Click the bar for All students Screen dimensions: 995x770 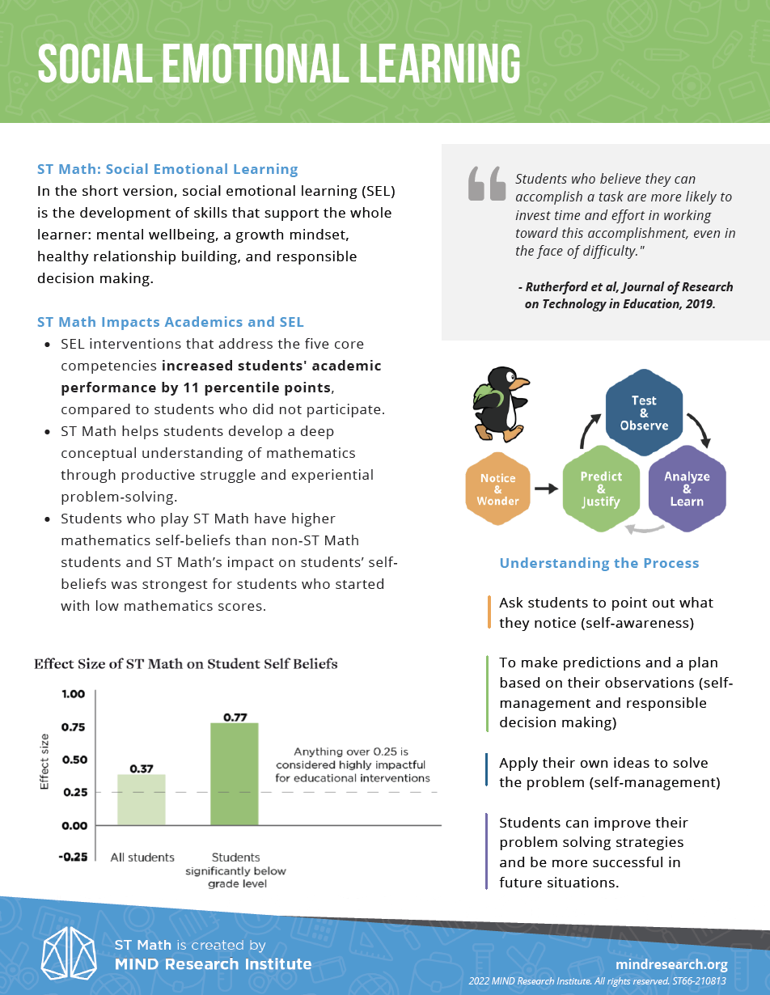[142, 800]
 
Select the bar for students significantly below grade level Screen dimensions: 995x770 [235, 774]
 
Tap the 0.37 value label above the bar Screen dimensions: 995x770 [142, 767]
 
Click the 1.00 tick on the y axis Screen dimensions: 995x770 [74, 694]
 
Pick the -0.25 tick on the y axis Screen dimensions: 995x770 [74, 857]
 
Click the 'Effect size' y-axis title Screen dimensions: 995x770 [45, 761]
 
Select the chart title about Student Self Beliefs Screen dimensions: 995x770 [185, 664]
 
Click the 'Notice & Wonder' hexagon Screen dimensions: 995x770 [498, 489]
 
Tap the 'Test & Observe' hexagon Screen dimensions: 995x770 [644, 413]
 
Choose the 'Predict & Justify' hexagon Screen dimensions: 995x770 [601, 489]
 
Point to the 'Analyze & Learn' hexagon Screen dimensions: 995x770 [687, 489]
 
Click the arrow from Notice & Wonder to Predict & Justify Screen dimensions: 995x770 [547, 489]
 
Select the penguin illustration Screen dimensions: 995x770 [500, 403]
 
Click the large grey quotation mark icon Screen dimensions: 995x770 [487, 184]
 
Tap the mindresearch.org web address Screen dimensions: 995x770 [671, 964]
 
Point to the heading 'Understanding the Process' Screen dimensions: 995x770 [599, 563]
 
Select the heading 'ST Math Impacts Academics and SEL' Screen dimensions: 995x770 [171, 322]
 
